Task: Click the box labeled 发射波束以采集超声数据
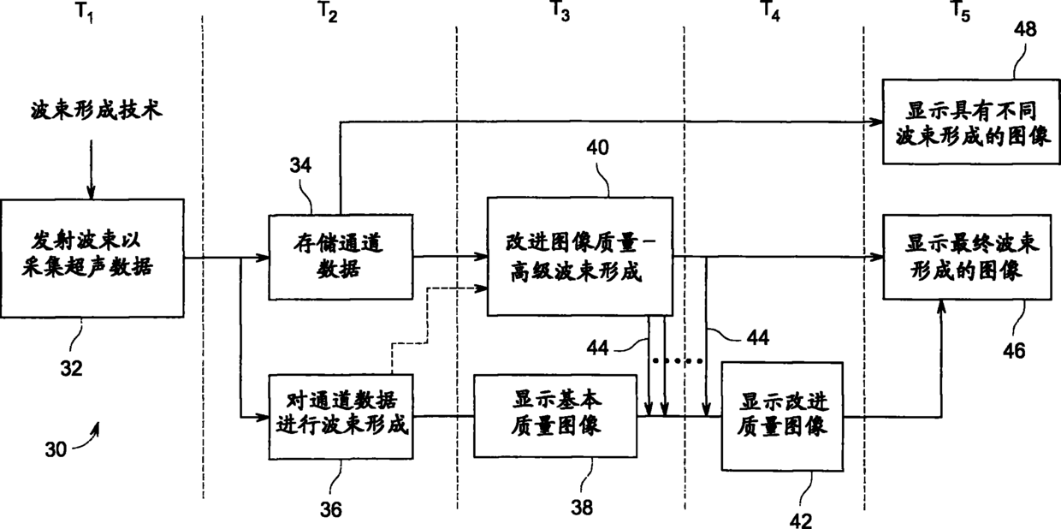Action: click(x=92, y=259)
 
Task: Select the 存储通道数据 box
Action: click(x=341, y=258)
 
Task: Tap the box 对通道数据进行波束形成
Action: click(x=341, y=417)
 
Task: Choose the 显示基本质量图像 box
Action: click(x=555, y=416)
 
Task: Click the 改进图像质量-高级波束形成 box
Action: click(x=580, y=257)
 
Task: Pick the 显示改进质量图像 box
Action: click(x=782, y=417)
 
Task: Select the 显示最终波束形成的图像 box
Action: click(x=967, y=258)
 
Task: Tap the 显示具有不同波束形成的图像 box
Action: click(x=971, y=122)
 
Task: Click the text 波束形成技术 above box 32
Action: click(x=97, y=110)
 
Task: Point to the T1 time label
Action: click(x=85, y=12)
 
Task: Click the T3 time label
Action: click(x=560, y=11)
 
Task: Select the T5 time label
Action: click(x=960, y=11)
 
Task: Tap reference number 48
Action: click(x=1025, y=29)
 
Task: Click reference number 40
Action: click(x=597, y=148)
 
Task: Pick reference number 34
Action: click(x=300, y=165)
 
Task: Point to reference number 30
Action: click(x=56, y=449)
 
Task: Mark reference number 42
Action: click(x=801, y=520)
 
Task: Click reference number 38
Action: click(x=582, y=508)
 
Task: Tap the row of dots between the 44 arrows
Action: click(x=678, y=361)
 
